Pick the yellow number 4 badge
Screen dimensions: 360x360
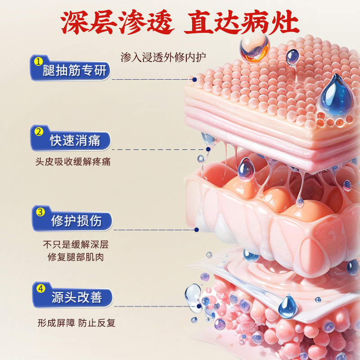40,288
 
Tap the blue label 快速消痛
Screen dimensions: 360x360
74,142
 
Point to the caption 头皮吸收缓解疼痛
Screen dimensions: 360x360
72,162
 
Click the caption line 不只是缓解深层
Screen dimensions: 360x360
76,245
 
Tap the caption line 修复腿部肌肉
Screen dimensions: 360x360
76,258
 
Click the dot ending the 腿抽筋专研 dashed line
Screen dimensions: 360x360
194,80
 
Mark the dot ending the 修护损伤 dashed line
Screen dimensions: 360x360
196,230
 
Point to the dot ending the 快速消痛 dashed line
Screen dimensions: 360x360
208,149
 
